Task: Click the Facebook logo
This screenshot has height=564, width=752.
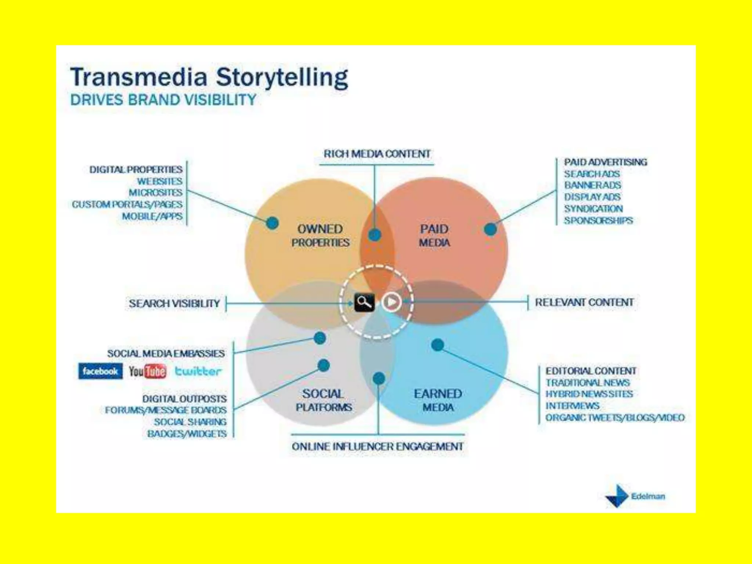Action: [100, 371]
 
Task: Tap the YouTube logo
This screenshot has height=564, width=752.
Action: [147, 371]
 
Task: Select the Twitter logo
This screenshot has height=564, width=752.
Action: [198, 371]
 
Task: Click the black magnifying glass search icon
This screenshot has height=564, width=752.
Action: [364, 303]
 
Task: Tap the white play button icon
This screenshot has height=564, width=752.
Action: [391, 302]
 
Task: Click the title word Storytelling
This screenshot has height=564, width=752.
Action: [282, 77]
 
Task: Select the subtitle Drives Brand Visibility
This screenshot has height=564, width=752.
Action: [163, 100]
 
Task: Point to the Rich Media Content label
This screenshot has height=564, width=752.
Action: [377, 154]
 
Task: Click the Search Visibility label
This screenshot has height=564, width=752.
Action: [174, 304]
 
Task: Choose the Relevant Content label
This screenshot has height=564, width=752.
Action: [584, 303]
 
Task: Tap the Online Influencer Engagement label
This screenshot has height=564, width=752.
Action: [377, 446]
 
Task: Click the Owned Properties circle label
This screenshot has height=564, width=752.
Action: [320, 236]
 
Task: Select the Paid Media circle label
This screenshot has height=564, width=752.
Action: [434, 236]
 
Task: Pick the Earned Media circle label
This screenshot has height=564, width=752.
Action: [438, 400]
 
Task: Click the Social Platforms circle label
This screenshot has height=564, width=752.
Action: [323, 400]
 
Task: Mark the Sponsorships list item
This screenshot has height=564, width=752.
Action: [599, 221]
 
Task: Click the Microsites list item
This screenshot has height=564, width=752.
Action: [155, 193]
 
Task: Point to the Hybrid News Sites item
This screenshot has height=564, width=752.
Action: [589, 394]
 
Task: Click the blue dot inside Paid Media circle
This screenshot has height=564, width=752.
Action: [491, 229]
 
